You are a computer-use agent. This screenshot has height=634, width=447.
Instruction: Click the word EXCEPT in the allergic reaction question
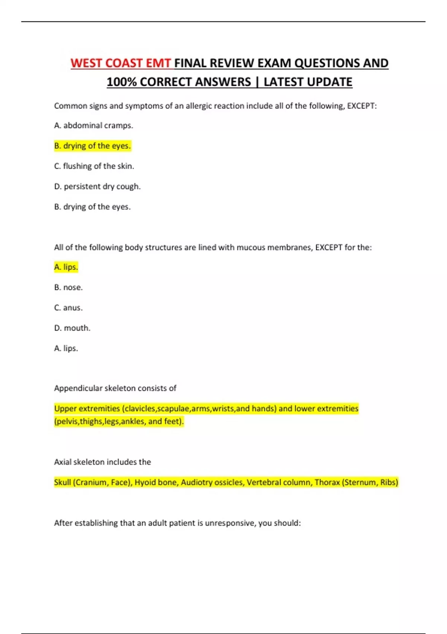pos(361,106)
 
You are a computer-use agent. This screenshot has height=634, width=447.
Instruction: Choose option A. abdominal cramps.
pos(93,126)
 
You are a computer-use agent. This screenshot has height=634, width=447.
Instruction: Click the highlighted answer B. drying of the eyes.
pos(92,146)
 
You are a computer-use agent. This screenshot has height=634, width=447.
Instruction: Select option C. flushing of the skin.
pos(94,166)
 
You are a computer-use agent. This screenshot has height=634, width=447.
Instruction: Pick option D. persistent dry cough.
pos(97,186)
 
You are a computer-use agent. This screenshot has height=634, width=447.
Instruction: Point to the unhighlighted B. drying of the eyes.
pos(92,207)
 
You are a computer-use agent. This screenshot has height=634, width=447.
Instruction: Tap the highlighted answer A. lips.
pos(66,267)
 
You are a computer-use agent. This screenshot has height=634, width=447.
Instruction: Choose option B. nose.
pos(68,288)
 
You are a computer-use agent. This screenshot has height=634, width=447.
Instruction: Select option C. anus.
pos(68,308)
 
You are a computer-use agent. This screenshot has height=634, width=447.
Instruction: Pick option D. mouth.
pos(72,328)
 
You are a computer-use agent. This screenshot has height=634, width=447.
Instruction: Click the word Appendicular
pos(78,388)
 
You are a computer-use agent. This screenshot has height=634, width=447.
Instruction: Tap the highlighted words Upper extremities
pos(87,409)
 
